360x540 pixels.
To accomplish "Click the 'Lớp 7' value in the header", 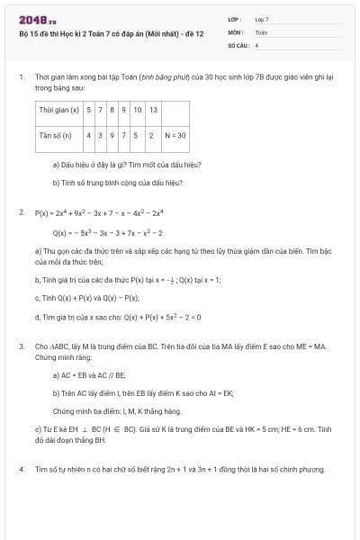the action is point(262,19).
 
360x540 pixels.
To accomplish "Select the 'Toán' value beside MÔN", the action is point(261,31).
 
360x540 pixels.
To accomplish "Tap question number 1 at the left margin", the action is point(21,78).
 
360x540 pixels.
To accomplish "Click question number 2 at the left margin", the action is point(21,213).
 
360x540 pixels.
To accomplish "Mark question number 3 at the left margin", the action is point(21,346).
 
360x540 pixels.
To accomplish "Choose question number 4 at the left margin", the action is point(21,470).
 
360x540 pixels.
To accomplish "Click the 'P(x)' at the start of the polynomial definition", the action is point(41,213).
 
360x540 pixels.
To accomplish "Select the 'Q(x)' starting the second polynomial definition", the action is point(61,232).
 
